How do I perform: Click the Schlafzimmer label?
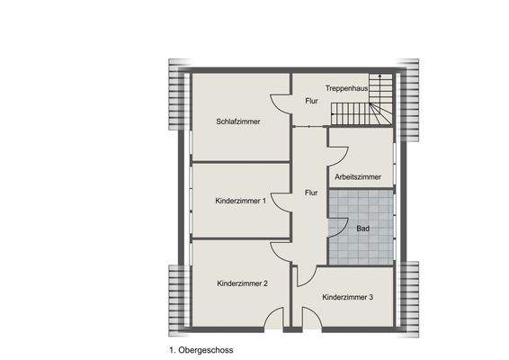tap(238, 121)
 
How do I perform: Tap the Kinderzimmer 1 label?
tap(240, 201)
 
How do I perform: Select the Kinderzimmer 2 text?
tap(242, 283)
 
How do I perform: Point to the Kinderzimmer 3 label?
tap(347, 296)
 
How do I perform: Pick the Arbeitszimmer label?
tap(357, 177)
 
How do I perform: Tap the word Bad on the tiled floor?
tap(362, 229)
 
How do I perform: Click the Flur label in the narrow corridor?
tap(310, 193)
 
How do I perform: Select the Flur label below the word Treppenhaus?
tap(310, 102)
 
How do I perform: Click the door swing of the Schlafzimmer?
tap(281, 106)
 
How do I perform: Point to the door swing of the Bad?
tap(335, 229)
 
